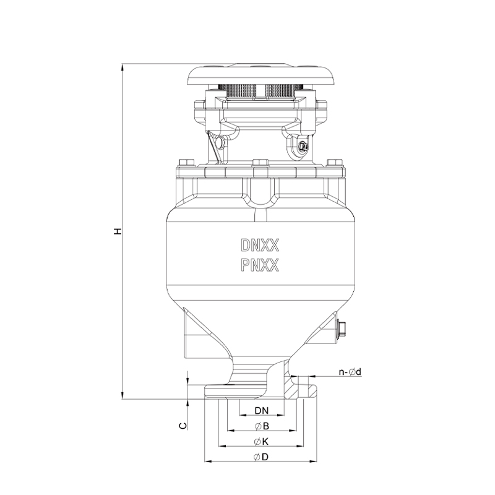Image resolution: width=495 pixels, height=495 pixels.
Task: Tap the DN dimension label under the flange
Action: tap(261, 411)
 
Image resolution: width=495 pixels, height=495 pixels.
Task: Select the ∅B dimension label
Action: tap(261, 426)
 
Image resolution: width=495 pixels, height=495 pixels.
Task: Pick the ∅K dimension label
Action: tap(261, 442)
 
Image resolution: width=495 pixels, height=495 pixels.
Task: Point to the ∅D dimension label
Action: tap(261, 457)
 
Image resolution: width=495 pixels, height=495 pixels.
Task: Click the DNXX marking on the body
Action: tap(260, 245)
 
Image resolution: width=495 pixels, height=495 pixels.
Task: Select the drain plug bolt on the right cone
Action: tap(341, 329)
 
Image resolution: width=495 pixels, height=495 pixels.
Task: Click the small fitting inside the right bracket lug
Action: tap(301, 146)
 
